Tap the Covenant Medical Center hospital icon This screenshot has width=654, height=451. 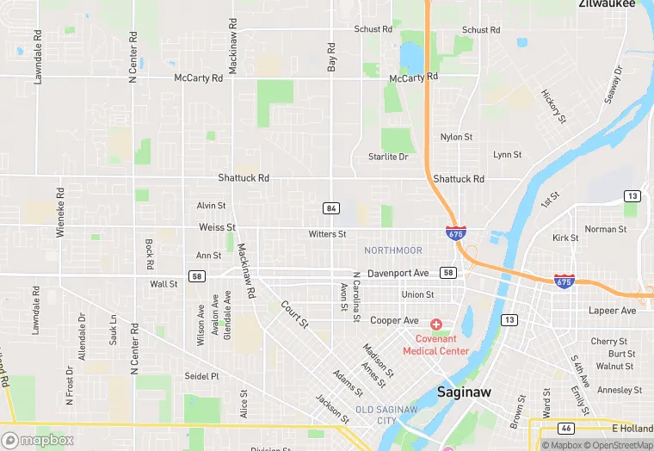pos(435,324)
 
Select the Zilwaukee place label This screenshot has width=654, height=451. pos(607,4)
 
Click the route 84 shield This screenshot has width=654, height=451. pos(330,208)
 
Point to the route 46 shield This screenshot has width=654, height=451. pos(565,427)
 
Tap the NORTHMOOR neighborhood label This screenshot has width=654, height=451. pos(393,250)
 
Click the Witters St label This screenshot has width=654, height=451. pos(327,234)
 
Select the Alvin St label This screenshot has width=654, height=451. pos(211,206)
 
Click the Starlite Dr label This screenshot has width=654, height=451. pos(387,157)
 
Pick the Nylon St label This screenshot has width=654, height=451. pos(456,137)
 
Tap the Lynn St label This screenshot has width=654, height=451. pos(507,155)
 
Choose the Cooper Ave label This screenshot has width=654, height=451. pos(394,320)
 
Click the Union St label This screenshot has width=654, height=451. pos(417,294)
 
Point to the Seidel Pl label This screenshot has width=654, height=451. pos(202,376)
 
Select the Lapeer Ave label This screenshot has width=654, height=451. pos(612,310)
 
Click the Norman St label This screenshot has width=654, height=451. pos(606,229)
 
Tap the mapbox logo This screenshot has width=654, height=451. pos(38,440)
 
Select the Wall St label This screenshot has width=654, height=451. pos(163,283)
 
